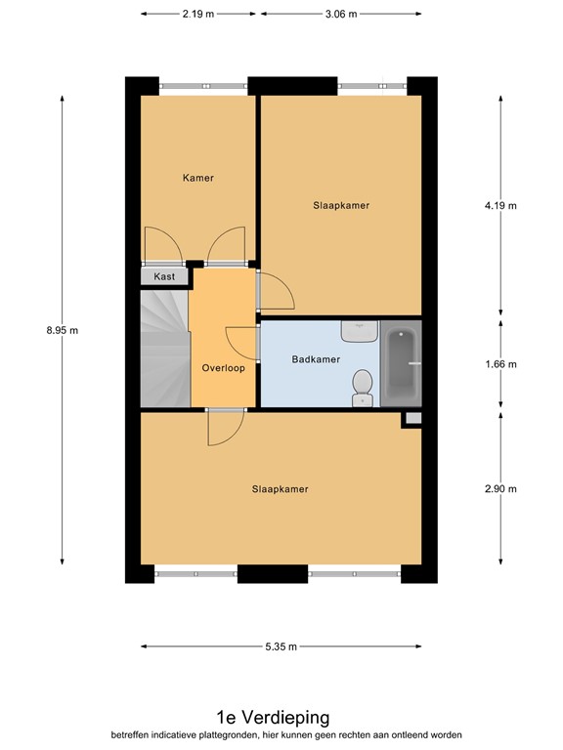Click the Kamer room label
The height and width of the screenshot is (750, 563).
tap(197, 178)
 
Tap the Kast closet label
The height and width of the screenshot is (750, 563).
tap(164, 277)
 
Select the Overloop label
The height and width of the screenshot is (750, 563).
tap(223, 368)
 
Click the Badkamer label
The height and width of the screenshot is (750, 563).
tap(316, 359)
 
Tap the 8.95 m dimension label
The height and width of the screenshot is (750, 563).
tap(62, 330)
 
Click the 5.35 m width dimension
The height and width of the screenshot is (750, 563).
tap(280, 646)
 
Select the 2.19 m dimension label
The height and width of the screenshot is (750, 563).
tap(198, 14)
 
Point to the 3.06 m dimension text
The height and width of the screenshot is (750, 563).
tap(339, 14)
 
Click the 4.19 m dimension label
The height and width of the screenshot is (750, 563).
tap(500, 205)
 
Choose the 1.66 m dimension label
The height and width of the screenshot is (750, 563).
tap(500, 364)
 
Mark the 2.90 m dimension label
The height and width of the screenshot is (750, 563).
tap(500, 489)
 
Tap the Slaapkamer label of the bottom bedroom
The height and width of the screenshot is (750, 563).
tap(281, 489)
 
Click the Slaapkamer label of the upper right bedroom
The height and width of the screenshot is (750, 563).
tap(341, 205)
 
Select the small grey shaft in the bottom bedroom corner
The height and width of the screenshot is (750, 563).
tap(412, 419)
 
